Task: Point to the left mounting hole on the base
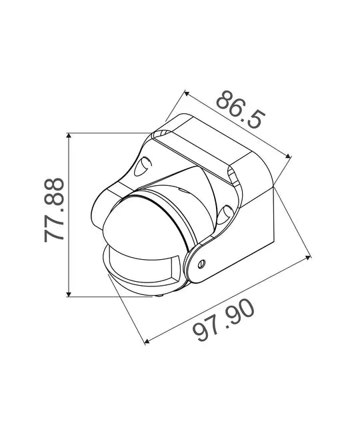[143, 166]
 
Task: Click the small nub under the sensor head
[162, 294]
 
